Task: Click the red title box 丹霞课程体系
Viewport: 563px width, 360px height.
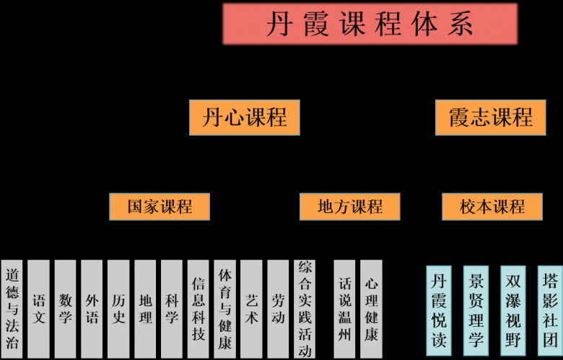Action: [x=370, y=24]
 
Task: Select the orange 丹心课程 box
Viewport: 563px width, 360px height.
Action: [x=244, y=118]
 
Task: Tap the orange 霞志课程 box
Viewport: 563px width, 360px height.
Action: [x=491, y=118]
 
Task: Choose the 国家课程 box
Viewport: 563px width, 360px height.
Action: [x=160, y=207]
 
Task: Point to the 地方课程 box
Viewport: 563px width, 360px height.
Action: [x=349, y=207]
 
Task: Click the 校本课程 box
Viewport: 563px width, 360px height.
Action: [x=492, y=207]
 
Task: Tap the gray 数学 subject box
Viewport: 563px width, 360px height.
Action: [x=65, y=309]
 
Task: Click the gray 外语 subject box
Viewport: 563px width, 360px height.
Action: [x=92, y=309]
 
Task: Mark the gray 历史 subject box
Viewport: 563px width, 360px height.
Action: [x=118, y=309]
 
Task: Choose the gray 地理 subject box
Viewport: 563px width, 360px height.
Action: [x=145, y=309]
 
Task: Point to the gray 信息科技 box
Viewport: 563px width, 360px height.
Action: [x=198, y=309]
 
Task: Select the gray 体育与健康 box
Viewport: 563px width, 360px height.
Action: [x=225, y=309]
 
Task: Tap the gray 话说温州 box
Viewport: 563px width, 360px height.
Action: [x=344, y=309]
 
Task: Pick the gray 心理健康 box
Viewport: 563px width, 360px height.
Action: [x=371, y=309]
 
